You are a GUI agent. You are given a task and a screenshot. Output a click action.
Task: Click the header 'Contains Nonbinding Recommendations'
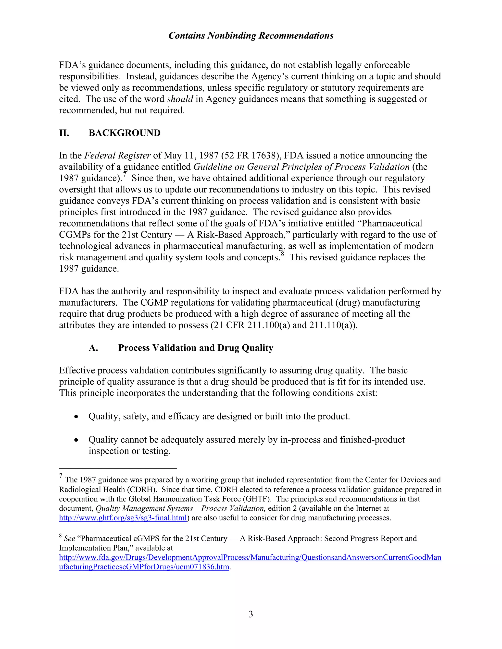pyautogui.click(x=251, y=36)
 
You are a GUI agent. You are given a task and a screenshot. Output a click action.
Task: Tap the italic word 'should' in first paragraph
pyautogui.click(x=180, y=99)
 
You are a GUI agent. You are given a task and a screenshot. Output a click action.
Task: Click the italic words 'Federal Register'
pyautogui.click(x=117, y=156)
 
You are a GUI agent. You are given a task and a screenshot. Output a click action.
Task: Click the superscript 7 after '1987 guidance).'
pyautogui.click(x=125, y=175)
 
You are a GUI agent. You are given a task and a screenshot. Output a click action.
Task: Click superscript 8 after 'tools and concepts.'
pyautogui.click(x=283, y=254)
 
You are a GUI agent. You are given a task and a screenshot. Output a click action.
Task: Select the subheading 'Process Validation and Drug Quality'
pyautogui.click(x=195, y=348)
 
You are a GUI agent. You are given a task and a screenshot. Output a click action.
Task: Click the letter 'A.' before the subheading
pyautogui.click(x=93, y=348)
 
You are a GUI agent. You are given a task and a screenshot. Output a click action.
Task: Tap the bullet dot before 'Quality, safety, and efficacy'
pyautogui.click(x=77, y=417)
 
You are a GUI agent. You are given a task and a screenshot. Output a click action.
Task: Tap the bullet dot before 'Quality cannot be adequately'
pyautogui.click(x=77, y=440)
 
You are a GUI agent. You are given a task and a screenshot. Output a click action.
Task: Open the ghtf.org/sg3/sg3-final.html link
pyautogui.click(x=123, y=518)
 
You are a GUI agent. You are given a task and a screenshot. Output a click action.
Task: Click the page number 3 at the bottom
pyautogui.click(x=251, y=614)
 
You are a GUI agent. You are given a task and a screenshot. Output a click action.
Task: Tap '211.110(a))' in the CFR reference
pyautogui.click(x=333, y=325)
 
